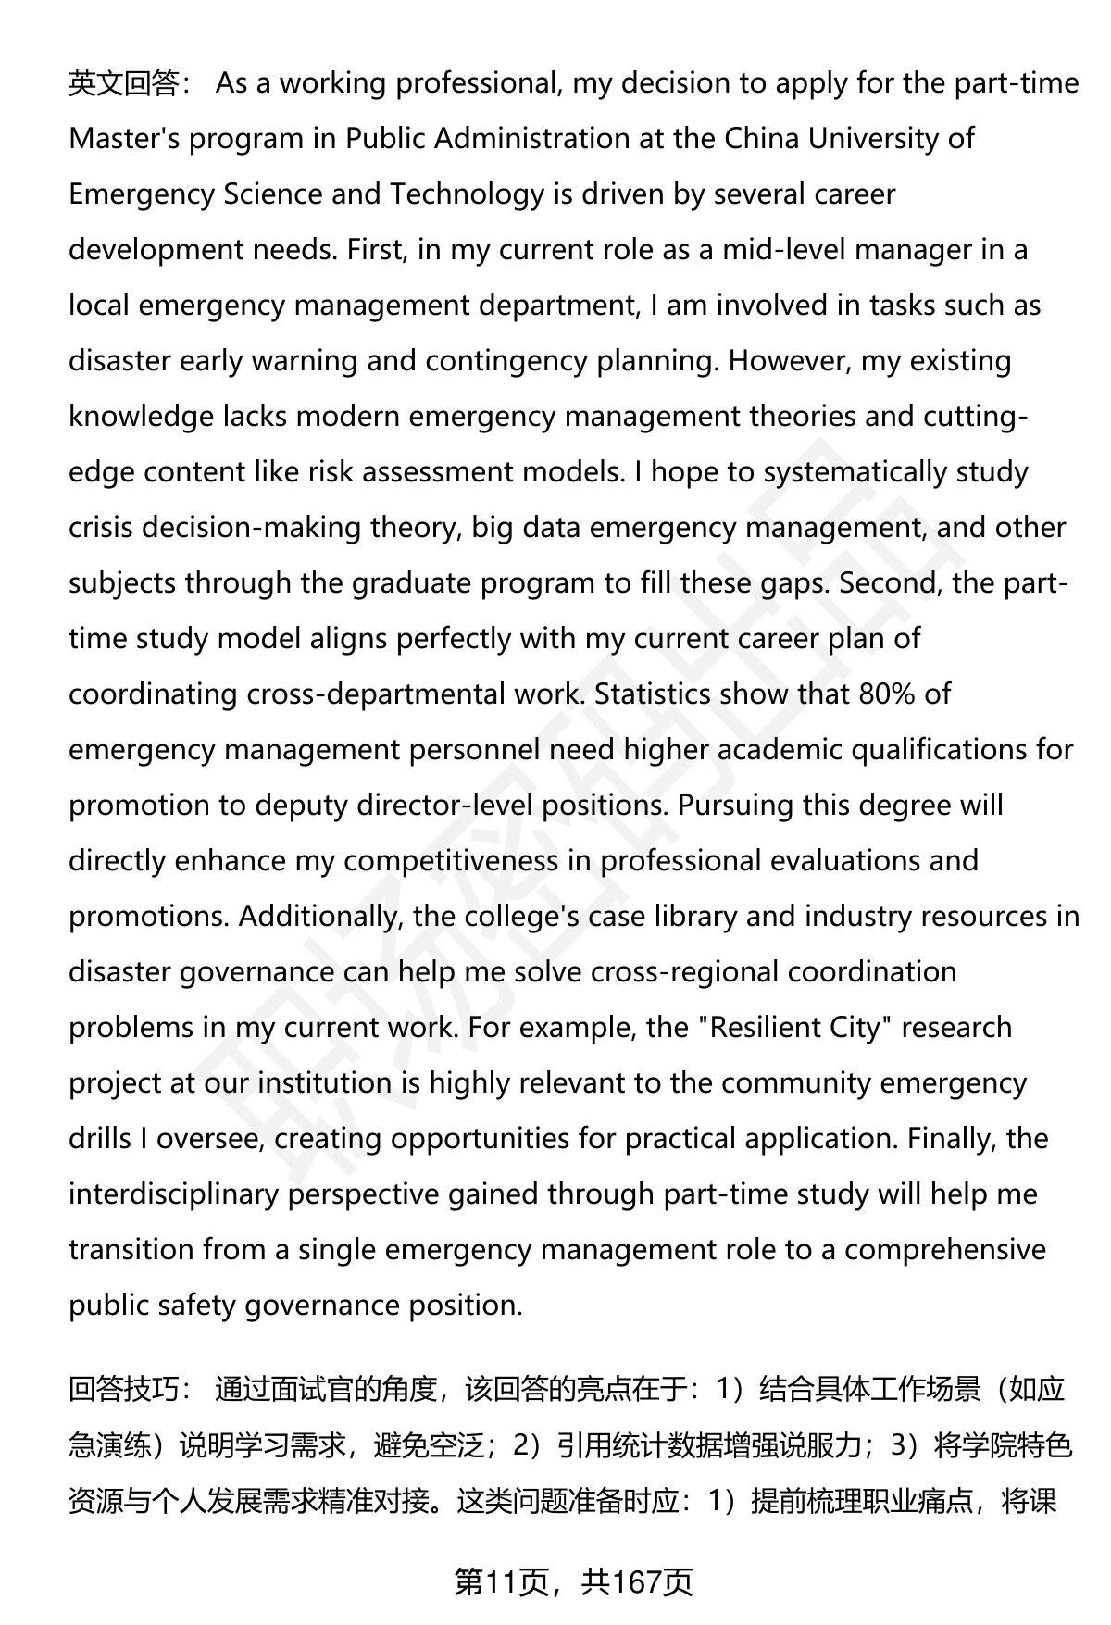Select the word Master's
pos(124,139)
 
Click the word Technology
pos(467,194)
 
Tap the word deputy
pos(296,806)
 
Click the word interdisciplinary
pos(173,1194)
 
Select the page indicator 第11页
pos(505,1583)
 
